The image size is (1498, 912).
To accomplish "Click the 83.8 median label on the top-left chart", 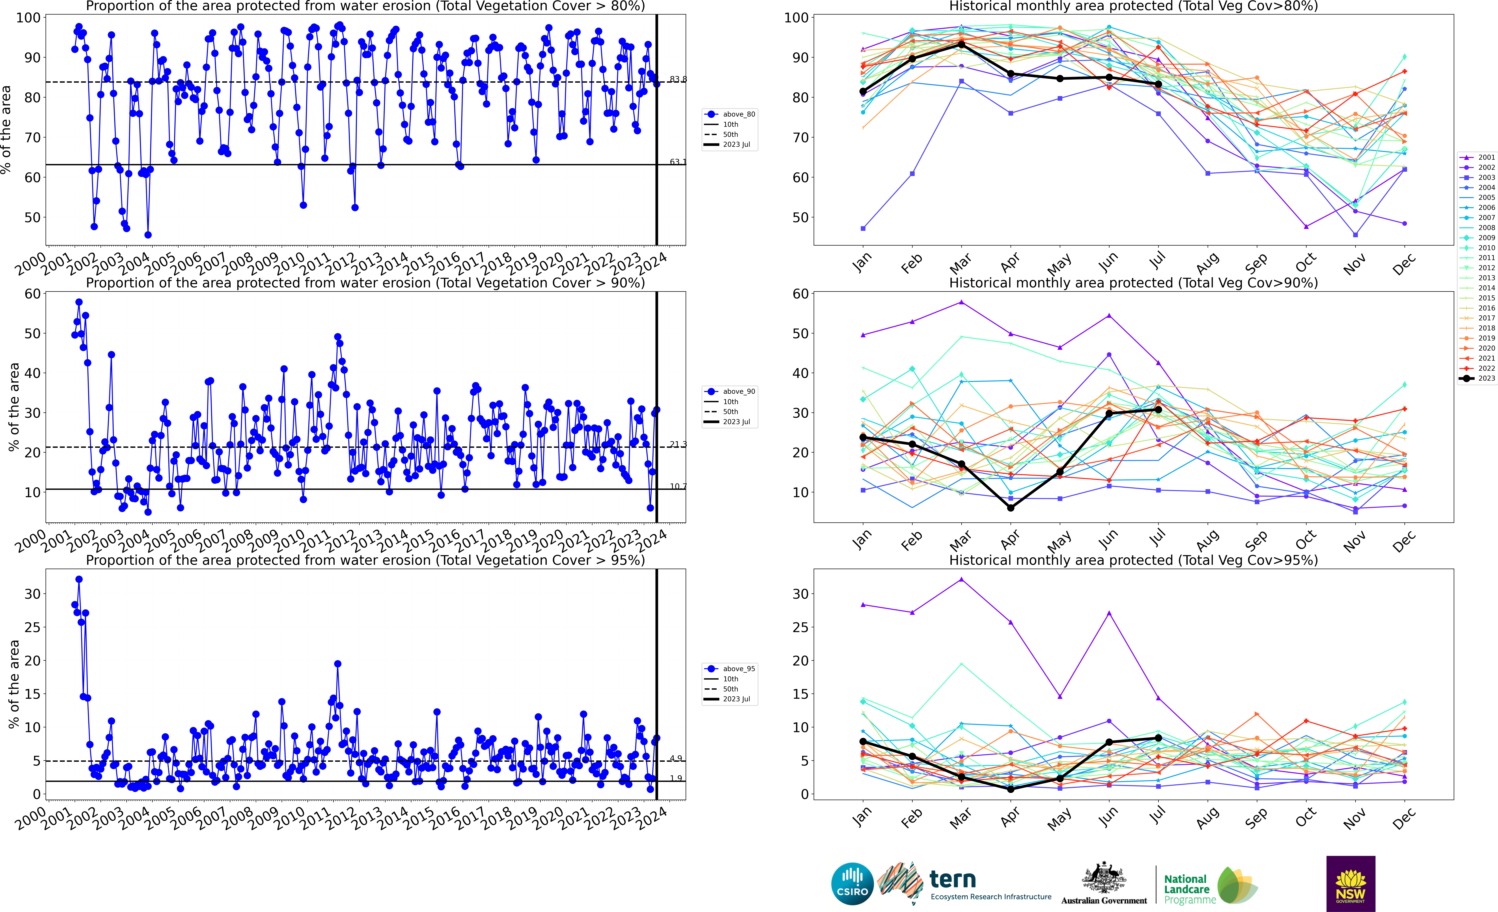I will pos(678,79).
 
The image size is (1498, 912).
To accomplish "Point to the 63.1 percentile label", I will pos(678,162).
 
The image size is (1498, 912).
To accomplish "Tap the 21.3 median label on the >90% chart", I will pos(678,444).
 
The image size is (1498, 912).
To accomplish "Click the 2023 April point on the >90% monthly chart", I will pos(1010,508).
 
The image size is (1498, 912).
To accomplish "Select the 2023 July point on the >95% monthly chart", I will pos(1158,738).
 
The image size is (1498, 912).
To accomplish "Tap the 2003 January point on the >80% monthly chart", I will pos(863,229).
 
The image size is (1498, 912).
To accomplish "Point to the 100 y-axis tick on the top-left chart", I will pos(28,18).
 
